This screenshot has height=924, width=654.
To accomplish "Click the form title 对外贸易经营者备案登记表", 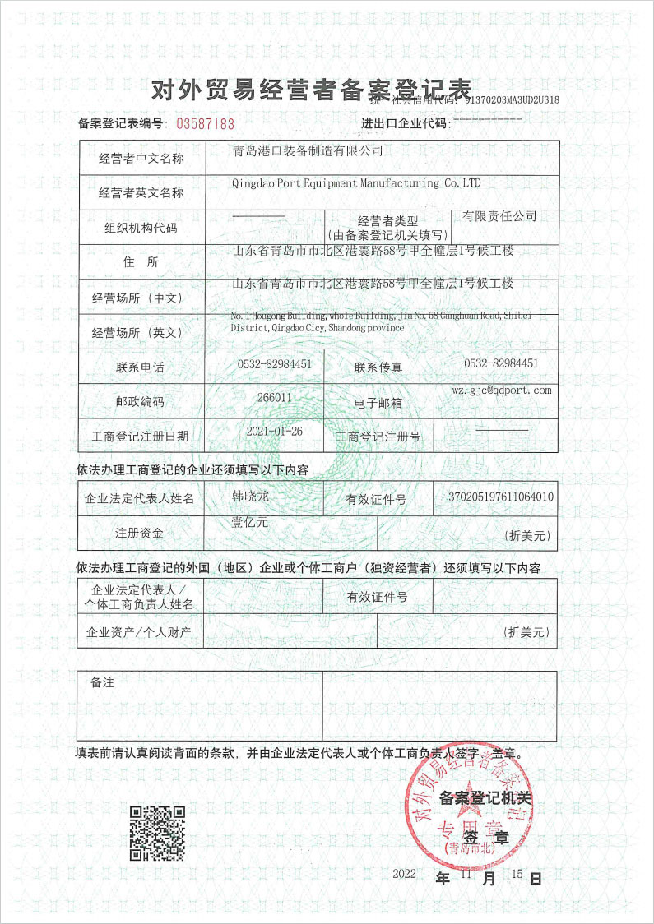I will click(x=312, y=90).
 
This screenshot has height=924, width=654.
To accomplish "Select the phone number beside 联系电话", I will click(x=274, y=363).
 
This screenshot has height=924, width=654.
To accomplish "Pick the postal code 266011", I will click(x=275, y=397).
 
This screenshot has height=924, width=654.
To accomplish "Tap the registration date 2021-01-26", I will click(x=274, y=431).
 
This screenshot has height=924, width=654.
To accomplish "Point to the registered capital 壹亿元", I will click(x=248, y=521).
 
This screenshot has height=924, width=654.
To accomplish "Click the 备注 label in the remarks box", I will click(x=102, y=682).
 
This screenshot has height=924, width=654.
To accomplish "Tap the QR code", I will click(x=157, y=833).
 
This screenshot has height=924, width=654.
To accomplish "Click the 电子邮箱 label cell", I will click(x=379, y=403).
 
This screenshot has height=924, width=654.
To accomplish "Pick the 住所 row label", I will click(x=141, y=263).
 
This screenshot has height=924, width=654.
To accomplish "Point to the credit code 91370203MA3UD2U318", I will click(x=512, y=100).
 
